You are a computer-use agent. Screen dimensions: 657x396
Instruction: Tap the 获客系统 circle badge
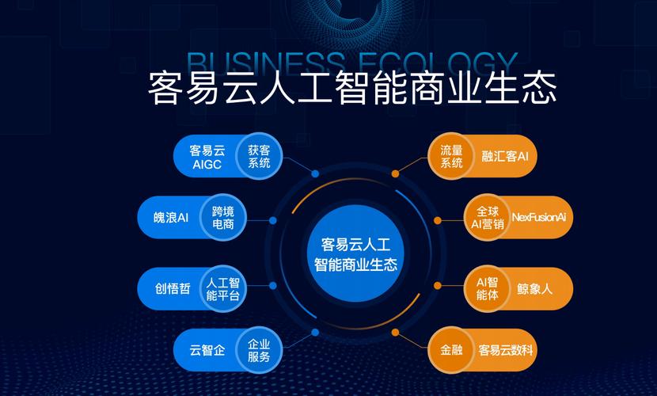[x=259, y=156]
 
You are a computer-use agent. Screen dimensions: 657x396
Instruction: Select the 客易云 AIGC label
[x=207, y=157]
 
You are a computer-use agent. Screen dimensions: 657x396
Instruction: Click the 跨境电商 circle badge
[x=223, y=218]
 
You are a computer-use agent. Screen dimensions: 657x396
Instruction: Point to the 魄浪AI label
[x=171, y=218]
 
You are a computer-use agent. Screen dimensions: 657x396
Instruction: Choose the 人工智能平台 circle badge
[x=223, y=289]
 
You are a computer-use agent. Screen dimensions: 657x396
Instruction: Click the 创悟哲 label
[x=173, y=289]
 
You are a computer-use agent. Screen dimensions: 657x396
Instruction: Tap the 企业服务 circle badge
[x=259, y=350]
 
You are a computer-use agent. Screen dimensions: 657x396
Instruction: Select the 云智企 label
[x=207, y=350]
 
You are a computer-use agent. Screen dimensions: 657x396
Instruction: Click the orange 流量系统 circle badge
[x=451, y=156]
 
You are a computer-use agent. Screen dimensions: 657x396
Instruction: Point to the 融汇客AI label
[x=505, y=156]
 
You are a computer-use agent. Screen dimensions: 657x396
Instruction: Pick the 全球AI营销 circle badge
[x=487, y=218]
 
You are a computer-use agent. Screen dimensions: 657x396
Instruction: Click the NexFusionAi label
[x=539, y=217]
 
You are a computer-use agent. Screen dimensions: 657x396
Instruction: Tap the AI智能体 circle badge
[x=487, y=289]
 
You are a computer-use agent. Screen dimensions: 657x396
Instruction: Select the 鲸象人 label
[x=534, y=289]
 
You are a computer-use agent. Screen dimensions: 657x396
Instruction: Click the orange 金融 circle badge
[x=451, y=350]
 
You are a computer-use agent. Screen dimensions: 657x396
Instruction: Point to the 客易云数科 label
[x=506, y=350]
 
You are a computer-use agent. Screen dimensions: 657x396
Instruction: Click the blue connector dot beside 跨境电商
[x=273, y=220]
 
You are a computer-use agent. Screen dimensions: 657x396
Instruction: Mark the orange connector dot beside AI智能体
[x=438, y=286]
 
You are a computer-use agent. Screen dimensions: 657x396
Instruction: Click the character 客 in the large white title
[x=165, y=88]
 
